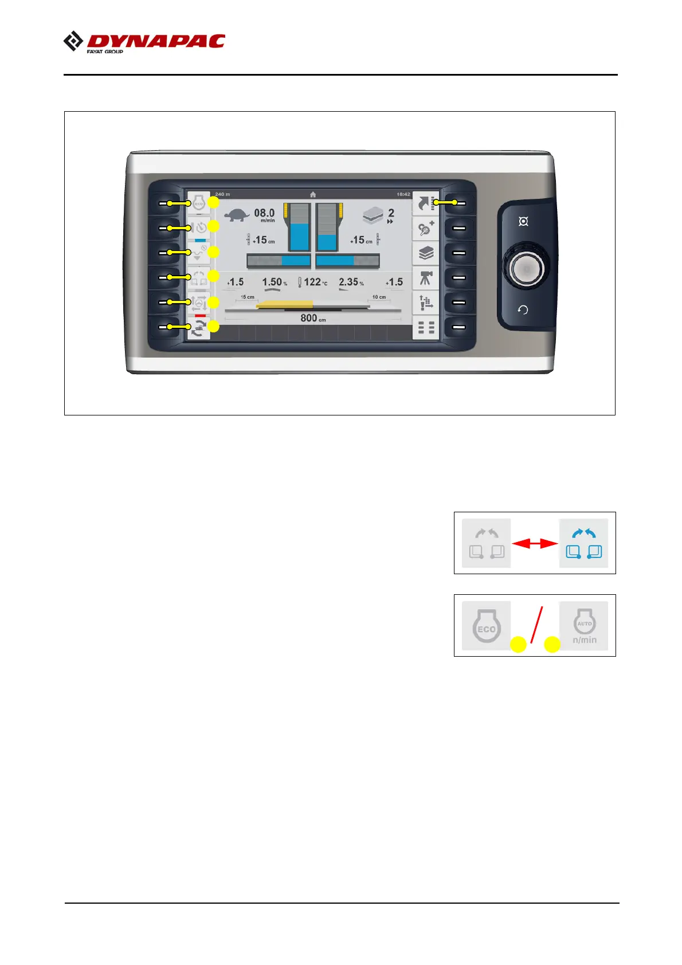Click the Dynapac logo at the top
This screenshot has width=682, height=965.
(144, 42)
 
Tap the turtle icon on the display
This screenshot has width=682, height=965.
(236, 215)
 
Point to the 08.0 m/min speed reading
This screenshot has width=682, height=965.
(264, 214)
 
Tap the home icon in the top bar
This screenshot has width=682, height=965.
(313, 194)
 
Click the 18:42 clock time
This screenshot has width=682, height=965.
(403, 194)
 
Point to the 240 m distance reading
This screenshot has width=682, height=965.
(222, 194)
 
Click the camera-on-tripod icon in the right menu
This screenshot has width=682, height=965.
(426, 278)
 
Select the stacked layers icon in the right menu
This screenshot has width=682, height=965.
(426, 253)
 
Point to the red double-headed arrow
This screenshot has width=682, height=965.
(535, 543)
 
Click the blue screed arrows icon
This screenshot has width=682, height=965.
(583, 543)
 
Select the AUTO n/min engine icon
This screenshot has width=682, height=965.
(584, 626)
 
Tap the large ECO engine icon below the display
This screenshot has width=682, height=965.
(486, 626)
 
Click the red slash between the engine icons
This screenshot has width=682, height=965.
(536, 625)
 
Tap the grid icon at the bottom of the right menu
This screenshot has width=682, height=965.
(426, 328)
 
